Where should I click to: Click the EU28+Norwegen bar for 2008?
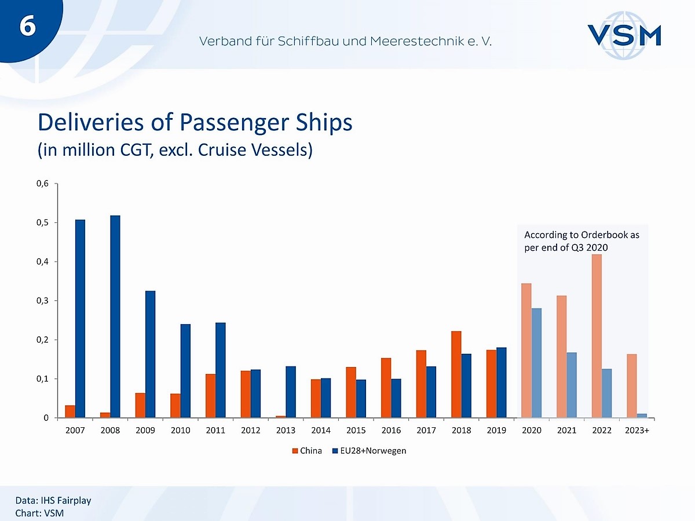pos(115,316)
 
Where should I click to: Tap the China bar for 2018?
pos(456,374)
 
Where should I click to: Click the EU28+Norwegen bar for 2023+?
pos(642,415)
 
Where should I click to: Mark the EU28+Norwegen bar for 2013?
pos(291,391)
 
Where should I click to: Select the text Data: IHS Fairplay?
pos(53,500)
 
